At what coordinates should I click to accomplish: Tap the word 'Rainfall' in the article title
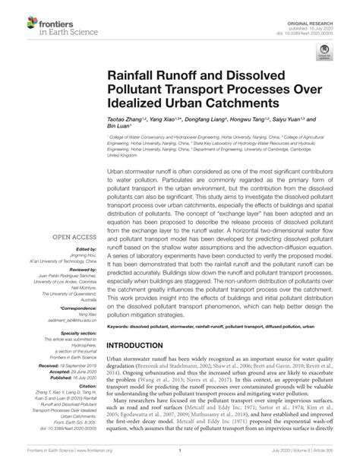tap(131, 77)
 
